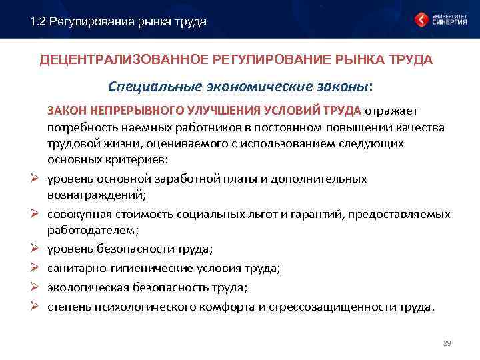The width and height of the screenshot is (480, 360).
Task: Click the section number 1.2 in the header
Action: pyautogui.click(x=38, y=22)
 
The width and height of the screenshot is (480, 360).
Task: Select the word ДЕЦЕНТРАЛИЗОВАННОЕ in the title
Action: pyautogui.click(x=124, y=61)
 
